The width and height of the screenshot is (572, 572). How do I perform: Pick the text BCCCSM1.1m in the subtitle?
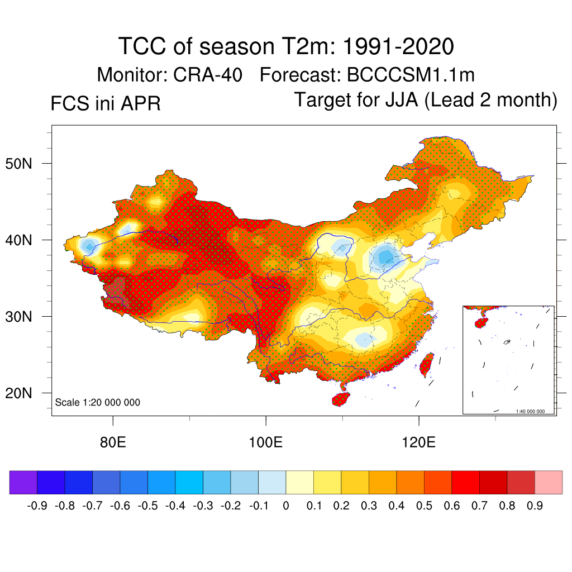[x=411, y=75]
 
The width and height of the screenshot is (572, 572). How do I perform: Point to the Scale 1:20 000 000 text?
[x=98, y=402]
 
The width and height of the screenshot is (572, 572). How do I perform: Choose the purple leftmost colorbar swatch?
[x=23, y=483]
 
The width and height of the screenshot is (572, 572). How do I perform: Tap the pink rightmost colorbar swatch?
[x=549, y=483]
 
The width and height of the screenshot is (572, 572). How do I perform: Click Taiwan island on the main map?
[x=426, y=364]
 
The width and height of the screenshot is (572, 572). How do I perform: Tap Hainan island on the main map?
[x=341, y=399]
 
